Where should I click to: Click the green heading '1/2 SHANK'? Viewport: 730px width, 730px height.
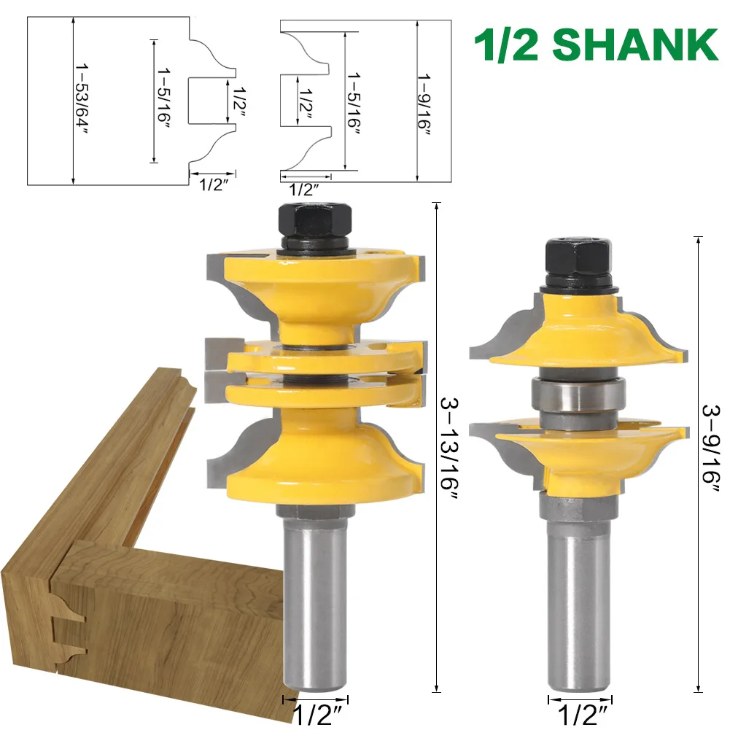pos(597,44)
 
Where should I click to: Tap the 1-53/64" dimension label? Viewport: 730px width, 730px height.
pos(82,98)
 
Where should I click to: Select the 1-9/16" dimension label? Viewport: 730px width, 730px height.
pos(424,104)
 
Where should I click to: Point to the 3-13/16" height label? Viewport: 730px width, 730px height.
pos(449,449)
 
